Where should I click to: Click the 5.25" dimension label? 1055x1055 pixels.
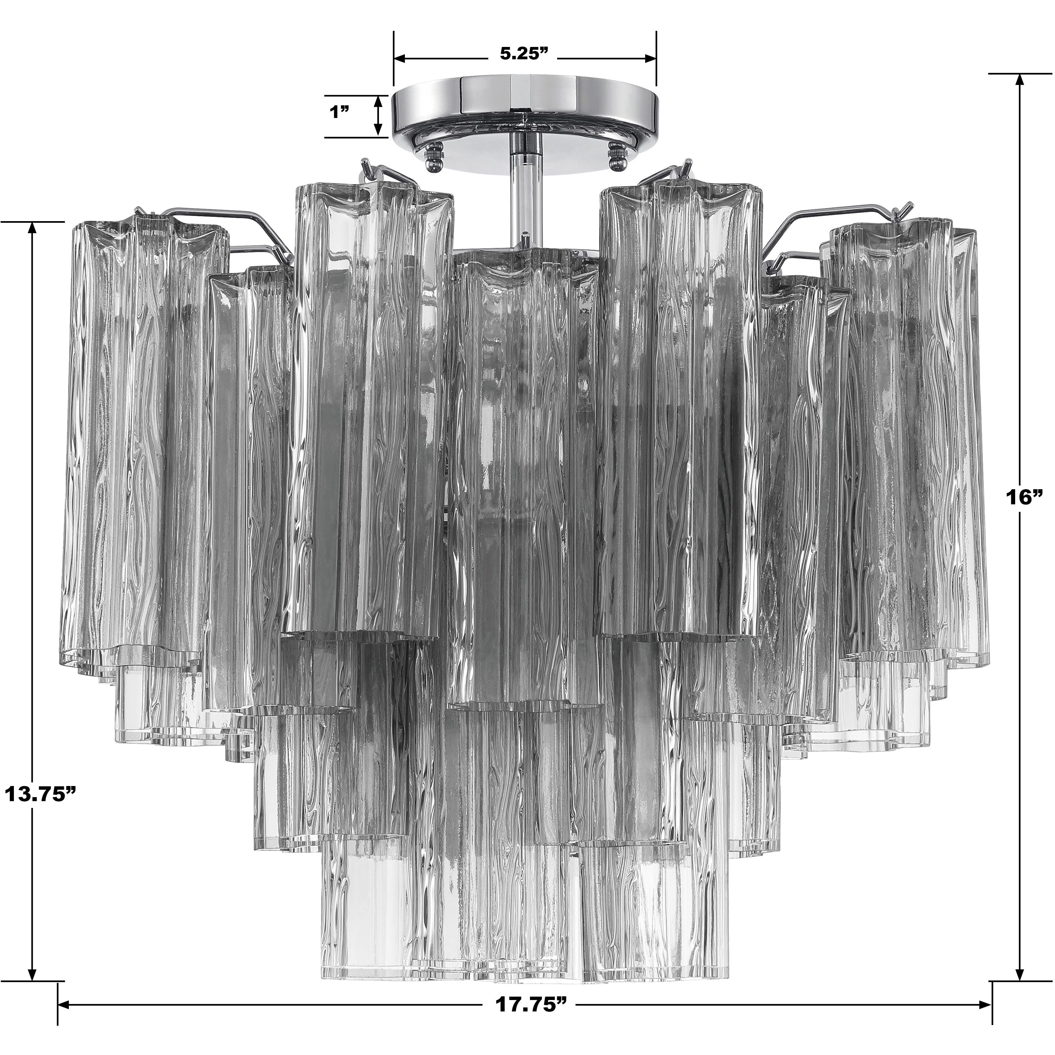(524, 53)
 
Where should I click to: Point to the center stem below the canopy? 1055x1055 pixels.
(524, 202)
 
